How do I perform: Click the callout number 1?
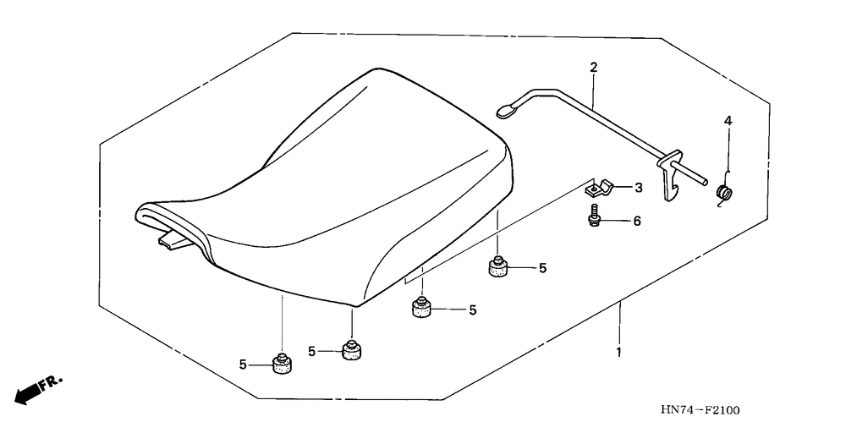[x=619, y=353]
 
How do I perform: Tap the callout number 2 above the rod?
[x=594, y=68]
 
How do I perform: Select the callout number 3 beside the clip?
[x=638, y=188]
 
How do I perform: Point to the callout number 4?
[x=728, y=122]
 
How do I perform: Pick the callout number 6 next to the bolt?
[x=637, y=221]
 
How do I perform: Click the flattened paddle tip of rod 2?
[x=506, y=111]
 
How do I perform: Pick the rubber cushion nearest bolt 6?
[x=498, y=268]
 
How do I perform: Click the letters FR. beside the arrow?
[x=52, y=381]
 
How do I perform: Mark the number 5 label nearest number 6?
[x=542, y=268]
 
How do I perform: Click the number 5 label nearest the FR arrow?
[x=243, y=365]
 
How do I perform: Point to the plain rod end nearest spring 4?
[x=703, y=182]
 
